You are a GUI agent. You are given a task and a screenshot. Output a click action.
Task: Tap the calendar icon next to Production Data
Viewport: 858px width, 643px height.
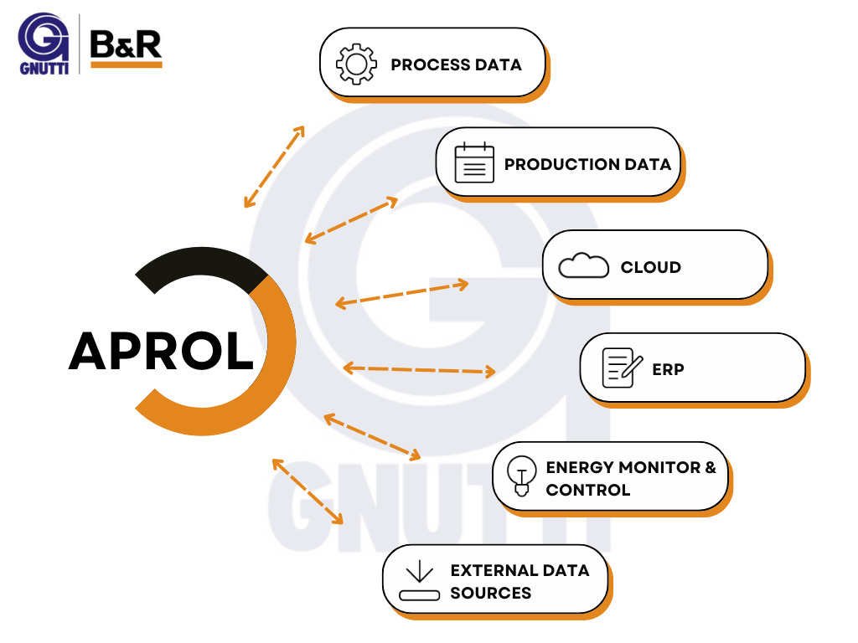pyautogui.click(x=474, y=163)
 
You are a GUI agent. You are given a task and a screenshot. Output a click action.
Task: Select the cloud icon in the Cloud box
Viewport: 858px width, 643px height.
pyautogui.click(x=583, y=266)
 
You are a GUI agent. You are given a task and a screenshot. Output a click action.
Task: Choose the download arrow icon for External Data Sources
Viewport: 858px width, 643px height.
pyautogui.click(x=419, y=581)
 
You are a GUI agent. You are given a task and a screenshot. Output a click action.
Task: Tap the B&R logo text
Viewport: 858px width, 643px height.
pyautogui.click(x=126, y=44)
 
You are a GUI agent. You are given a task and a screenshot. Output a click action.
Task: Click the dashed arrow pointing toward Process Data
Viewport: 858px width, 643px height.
pyautogui.click(x=274, y=167)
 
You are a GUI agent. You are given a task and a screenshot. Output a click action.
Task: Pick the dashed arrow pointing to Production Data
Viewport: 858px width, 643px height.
pyautogui.click(x=351, y=220)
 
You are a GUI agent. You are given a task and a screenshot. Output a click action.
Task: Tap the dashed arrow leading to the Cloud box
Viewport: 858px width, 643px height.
pyautogui.click(x=401, y=294)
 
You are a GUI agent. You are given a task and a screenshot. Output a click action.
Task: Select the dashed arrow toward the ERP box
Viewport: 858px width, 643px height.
pyautogui.click(x=419, y=368)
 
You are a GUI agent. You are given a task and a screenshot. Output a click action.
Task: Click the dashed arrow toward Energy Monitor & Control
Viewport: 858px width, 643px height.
pyautogui.click(x=372, y=436)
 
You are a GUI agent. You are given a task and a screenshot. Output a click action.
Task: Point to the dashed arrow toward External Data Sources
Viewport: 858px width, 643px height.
pyautogui.click(x=308, y=491)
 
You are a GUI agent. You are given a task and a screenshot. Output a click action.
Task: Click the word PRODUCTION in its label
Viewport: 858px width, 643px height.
pyautogui.click(x=550, y=164)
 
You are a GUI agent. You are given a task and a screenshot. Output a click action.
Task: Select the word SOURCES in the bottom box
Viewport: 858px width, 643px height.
pyautogui.click(x=490, y=593)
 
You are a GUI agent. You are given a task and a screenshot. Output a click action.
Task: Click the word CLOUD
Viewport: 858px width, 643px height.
pyautogui.click(x=650, y=267)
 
